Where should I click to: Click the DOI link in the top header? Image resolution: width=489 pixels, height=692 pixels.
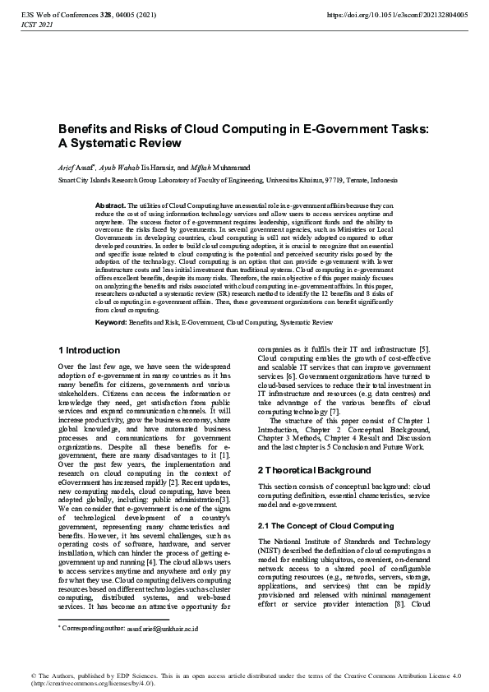click(397, 15)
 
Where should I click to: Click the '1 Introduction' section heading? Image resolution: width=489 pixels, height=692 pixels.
click(90, 350)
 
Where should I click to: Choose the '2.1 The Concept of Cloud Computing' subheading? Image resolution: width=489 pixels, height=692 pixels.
click(325, 525)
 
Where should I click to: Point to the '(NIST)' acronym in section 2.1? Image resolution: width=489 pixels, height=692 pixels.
click(272, 552)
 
